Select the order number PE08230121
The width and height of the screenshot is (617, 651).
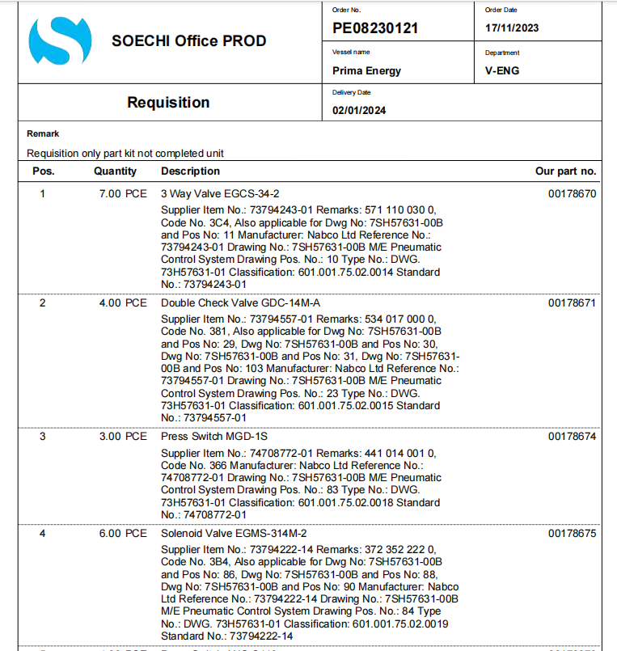[375, 28]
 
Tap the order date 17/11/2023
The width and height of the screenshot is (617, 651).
[512, 28]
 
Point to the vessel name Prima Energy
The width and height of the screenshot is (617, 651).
[366, 70]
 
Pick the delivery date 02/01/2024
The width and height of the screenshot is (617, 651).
[359, 111]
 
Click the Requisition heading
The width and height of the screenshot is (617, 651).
[168, 103]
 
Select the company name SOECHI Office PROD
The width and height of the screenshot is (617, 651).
[188, 41]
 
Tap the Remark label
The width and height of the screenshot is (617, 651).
[43, 133]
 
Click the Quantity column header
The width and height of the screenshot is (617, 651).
[115, 171]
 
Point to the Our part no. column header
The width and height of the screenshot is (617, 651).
[565, 171]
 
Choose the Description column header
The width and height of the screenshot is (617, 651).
[190, 171]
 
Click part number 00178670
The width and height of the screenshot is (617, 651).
[572, 194]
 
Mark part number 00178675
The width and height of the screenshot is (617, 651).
[572, 534]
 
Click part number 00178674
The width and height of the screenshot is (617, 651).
[572, 437]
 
